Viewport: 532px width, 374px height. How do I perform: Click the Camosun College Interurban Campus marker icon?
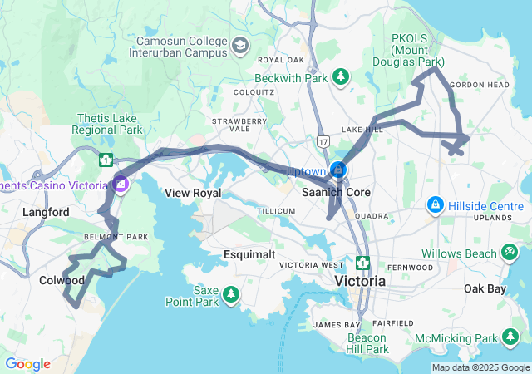(x=240, y=44)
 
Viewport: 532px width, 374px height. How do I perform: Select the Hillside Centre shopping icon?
(x=435, y=204)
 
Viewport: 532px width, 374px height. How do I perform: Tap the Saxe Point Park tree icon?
(x=230, y=294)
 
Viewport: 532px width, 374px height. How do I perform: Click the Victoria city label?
(x=360, y=282)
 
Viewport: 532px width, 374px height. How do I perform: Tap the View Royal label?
(x=193, y=193)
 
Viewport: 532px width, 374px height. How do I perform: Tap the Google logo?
(x=27, y=364)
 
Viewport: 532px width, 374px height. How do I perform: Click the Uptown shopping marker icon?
(x=338, y=170)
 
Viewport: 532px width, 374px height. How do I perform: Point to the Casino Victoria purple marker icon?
(x=121, y=184)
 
